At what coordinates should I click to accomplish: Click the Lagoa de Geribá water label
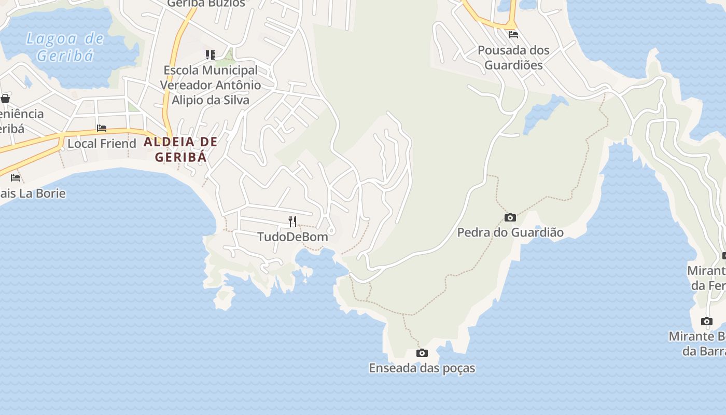[65, 47]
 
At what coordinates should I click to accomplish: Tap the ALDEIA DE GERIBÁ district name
[180, 149]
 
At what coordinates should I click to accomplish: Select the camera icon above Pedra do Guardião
[510, 217]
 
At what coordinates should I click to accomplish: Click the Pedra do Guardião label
[510, 232]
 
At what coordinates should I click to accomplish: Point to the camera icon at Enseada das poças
[423, 353]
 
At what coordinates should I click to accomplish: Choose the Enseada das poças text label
[422, 368]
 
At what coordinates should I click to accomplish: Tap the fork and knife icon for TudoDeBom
[293, 222]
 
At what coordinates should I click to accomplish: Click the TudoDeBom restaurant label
[293, 237]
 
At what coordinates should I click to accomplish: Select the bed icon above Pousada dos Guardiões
[513, 35]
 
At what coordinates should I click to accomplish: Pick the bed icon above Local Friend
[102, 128]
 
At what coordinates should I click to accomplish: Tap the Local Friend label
[102, 143]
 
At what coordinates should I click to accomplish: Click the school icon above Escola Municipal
[210, 54]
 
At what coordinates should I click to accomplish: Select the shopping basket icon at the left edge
[5, 98]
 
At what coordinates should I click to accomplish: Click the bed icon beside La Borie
[16, 178]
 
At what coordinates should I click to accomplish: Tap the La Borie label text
[34, 193]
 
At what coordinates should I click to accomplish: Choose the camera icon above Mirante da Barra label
[707, 321]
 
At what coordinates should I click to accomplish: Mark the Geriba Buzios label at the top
[206, 4]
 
